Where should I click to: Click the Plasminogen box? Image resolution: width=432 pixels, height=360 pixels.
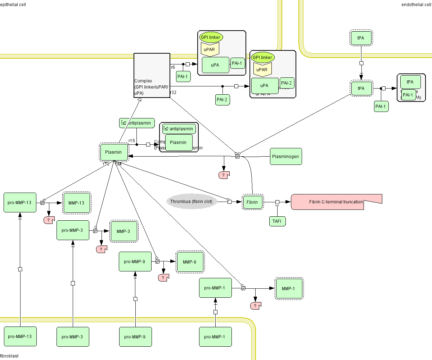[x=286, y=157]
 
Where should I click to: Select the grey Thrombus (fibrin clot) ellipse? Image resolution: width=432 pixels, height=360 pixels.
[x=192, y=202]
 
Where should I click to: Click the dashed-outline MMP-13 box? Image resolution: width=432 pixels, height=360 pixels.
[x=77, y=203]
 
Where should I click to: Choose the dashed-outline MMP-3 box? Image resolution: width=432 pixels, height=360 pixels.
[x=123, y=231]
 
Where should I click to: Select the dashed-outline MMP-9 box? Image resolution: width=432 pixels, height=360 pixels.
[x=190, y=262]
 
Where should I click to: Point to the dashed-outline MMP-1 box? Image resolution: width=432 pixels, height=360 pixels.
[x=288, y=288]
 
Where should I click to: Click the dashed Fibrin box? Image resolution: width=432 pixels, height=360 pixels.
[x=252, y=202]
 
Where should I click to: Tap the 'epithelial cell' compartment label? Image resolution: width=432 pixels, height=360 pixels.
[x=13, y=4]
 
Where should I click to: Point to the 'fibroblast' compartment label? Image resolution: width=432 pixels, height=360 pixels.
[x=9, y=356]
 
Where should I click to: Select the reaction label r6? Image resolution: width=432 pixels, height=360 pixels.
[x=173, y=67]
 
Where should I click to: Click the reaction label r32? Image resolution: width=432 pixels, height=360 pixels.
[x=173, y=93]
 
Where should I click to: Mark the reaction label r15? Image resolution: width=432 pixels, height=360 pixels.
[x=132, y=140]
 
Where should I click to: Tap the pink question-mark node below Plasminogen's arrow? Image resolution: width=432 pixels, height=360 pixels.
[x=224, y=175]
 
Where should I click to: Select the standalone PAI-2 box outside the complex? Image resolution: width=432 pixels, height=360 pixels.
[x=222, y=99]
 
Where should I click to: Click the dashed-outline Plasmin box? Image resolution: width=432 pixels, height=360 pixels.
[x=113, y=152]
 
